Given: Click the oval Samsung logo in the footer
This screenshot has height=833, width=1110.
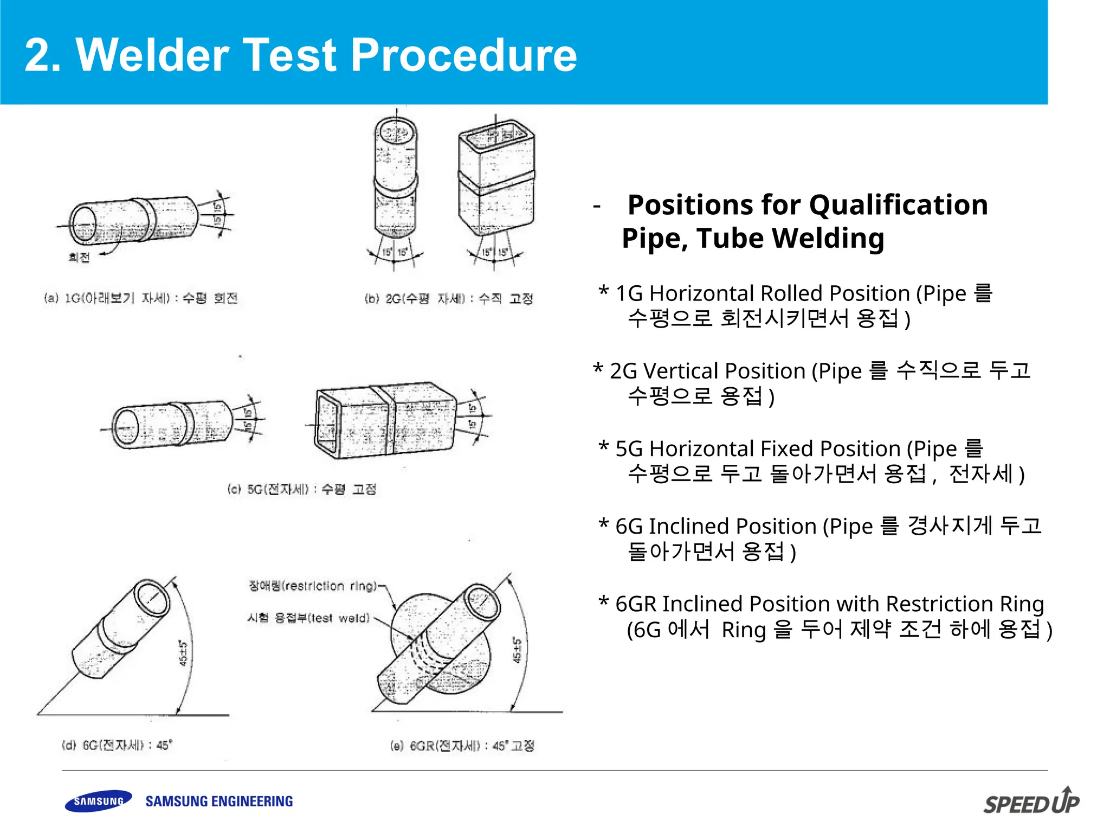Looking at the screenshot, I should pos(98,801).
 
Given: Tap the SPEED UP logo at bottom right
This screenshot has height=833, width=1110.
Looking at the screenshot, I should pos(1031,802).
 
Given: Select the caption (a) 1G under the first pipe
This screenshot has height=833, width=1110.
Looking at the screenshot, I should pos(140,298).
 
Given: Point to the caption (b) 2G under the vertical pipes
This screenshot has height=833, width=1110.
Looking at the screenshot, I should pos(449,299).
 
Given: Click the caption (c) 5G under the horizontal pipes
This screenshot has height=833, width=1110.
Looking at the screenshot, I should pos(302,489).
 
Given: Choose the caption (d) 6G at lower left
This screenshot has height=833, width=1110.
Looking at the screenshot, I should pos(117,745).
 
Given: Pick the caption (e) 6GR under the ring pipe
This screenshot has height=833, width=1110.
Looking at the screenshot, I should pos(462,746).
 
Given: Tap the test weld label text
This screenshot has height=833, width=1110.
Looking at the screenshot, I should pos(308,618).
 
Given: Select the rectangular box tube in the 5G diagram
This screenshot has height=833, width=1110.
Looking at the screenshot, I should pos(385,420).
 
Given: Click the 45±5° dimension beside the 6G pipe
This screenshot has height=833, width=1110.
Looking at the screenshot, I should pos(183,653).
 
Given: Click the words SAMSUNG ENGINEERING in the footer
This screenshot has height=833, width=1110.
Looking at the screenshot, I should pos(219,801).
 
